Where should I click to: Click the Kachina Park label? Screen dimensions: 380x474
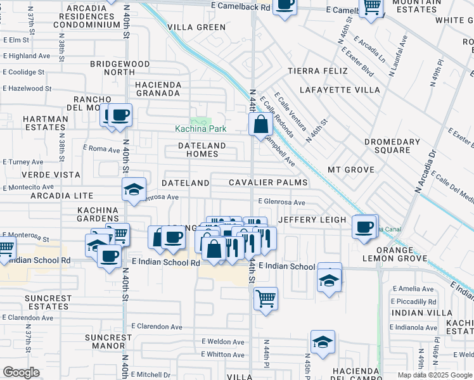pos(201,129)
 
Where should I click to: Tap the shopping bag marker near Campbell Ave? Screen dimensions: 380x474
pos(260,123)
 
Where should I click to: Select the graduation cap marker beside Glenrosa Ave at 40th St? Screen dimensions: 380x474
pos(134,189)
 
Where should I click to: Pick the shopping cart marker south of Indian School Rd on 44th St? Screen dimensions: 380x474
pos(266,298)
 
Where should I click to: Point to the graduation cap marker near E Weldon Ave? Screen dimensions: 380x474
pos(323,341)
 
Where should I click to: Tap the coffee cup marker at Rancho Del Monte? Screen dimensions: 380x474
pos(119,115)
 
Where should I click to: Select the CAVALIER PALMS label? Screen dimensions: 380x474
pos(268,182)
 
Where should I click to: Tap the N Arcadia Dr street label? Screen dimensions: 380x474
pos(426,171)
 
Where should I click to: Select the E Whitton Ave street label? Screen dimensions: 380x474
pos(223,355)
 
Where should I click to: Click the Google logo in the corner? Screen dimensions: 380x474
pos(21,372)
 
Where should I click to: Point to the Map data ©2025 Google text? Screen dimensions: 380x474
pos(434,375)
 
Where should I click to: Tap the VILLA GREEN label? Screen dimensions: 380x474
pos(196,27)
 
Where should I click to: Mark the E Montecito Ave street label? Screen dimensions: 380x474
pos(29,187)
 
